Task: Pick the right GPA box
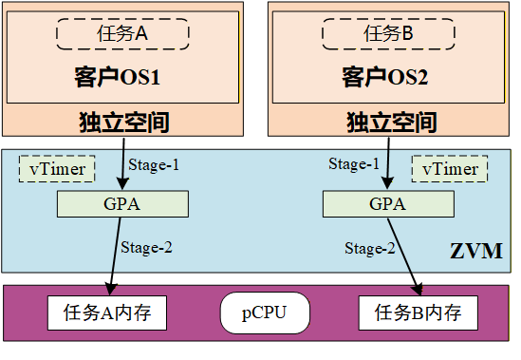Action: (x=374, y=203)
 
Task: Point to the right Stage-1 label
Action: (x=353, y=164)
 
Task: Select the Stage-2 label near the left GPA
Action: (x=146, y=248)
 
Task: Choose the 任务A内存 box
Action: (x=107, y=312)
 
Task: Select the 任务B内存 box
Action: (x=418, y=312)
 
